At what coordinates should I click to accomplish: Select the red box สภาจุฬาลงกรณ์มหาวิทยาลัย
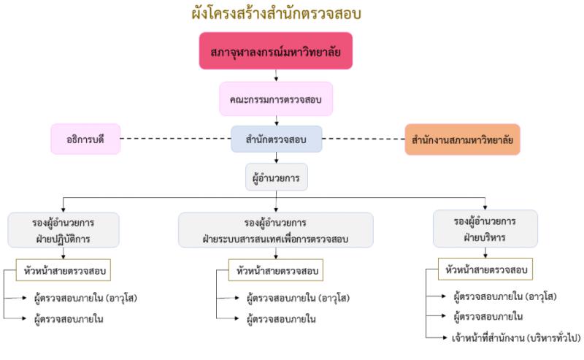click(276, 51)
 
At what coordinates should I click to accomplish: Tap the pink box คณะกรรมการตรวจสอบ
click(276, 99)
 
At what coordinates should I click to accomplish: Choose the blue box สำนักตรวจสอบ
click(277, 139)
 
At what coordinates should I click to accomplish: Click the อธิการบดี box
click(85, 139)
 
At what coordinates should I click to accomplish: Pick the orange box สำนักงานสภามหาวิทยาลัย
click(463, 139)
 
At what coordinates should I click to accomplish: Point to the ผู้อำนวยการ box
click(277, 177)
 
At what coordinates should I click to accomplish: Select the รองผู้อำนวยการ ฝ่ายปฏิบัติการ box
click(64, 229)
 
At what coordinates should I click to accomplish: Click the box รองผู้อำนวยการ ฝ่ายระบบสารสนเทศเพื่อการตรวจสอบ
click(276, 229)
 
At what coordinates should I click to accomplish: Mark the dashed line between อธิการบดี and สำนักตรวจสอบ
click(175, 139)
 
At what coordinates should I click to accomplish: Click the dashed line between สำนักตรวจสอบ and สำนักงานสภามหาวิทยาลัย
click(363, 139)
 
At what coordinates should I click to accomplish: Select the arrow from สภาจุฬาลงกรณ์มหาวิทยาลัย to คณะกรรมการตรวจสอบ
click(276, 75)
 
